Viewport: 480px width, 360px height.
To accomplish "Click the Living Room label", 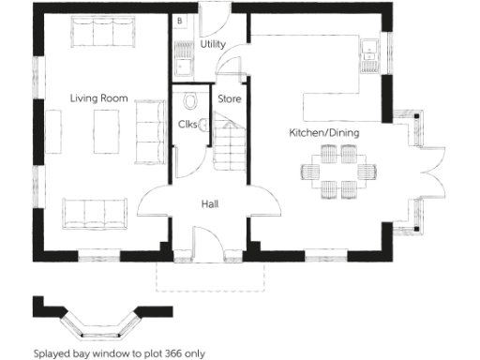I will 98,97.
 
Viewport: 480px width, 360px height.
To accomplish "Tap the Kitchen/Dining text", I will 323,133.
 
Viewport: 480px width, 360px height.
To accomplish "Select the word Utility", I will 213,44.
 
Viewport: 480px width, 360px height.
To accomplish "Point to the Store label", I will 229,97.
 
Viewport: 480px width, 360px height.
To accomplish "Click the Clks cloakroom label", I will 187,125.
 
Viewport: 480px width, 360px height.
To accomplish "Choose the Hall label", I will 210,203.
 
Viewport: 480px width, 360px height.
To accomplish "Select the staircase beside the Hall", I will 229,141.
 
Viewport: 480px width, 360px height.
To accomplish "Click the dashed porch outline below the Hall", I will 211,277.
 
